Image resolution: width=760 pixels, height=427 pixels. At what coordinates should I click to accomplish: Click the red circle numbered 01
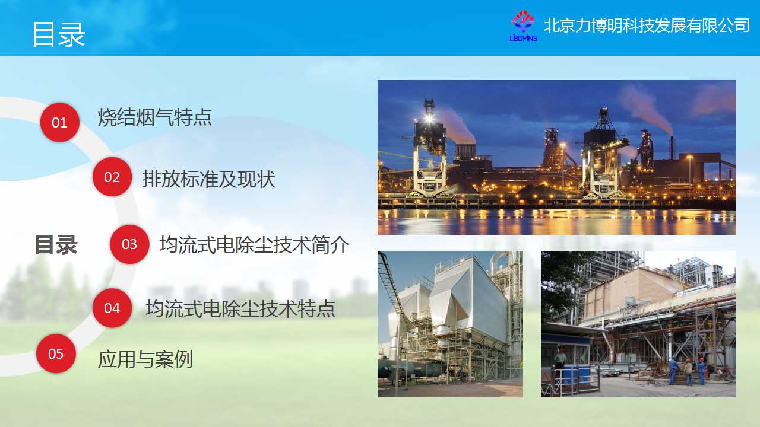60,122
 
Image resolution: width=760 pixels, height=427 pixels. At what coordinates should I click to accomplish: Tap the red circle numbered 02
112,177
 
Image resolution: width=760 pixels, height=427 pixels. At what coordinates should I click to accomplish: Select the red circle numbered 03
129,244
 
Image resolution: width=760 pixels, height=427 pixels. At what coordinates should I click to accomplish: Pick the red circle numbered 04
112,308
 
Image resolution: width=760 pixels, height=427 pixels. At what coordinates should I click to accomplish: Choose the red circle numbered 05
56,354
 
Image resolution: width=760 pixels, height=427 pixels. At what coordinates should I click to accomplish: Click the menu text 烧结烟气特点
155,117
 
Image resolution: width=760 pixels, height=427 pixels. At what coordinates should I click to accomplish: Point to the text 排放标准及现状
208,179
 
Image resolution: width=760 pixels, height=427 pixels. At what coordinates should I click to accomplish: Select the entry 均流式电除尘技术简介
254,244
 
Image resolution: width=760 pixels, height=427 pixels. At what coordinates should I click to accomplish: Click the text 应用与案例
145,359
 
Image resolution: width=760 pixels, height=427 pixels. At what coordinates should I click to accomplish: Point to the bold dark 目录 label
56,244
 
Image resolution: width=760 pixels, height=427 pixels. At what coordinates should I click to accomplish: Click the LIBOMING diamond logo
523,26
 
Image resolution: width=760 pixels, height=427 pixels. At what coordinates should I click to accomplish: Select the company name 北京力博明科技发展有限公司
647,26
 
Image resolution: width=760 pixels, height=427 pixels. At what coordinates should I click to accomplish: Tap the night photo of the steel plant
557,157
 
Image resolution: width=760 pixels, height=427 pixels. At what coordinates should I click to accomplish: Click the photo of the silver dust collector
450,324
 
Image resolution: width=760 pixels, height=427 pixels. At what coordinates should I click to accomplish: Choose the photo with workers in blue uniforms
638,324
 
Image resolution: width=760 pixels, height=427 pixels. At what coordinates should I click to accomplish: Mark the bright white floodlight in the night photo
429,119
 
